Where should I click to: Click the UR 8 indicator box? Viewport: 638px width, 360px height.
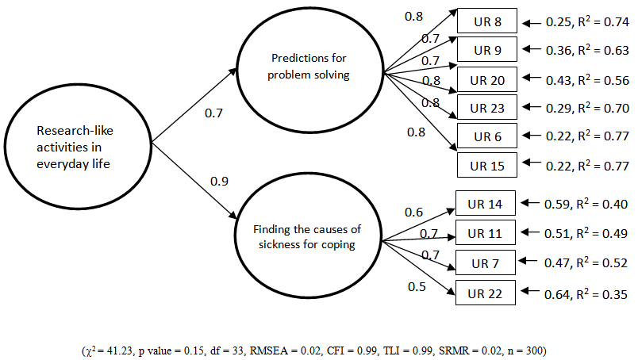pyautogui.click(x=487, y=21)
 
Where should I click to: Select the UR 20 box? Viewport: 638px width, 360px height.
pyautogui.click(x=487, y=80)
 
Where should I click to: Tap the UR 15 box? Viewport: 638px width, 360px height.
pyautogui.click(x=487, y=165)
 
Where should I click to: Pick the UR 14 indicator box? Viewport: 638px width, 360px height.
pyautogui.click(x=486, y=204)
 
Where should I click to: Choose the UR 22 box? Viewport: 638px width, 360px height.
pyautogui.click(x=486, y=293)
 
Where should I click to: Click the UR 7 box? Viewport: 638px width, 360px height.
pyautogui.click(x=486, y=262)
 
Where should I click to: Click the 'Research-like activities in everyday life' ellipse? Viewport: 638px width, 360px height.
pyautogui.click(x=76, y=146)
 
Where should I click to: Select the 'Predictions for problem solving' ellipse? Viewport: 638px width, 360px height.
pyautogui.click(x=310, y=67)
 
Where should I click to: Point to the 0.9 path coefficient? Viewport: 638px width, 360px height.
pyautogui.click(x=219, y=182)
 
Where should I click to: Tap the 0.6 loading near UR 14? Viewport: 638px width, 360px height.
pyautogui.click(x=413, y=212)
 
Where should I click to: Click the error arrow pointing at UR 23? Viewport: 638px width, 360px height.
pyautogui.click(x=531, y=107)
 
